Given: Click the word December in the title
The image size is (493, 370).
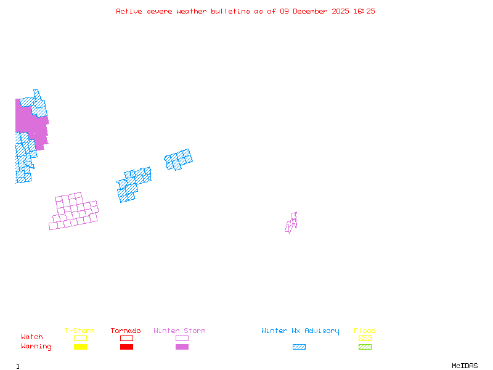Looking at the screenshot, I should (x=312, y=11).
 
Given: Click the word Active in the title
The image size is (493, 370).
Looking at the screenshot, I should (x=129, y=11).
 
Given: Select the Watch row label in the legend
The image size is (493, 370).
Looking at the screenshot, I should (x=32, y=337).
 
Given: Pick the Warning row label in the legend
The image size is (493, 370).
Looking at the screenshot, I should (x=36, y=347).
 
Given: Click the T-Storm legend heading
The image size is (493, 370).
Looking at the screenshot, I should (x=79, y=331).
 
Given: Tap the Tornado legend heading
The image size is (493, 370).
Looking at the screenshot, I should (x=126, y=331).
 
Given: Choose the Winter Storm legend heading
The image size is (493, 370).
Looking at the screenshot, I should (x=179, y=331).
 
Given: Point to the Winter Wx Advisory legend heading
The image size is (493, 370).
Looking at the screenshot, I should (x=300, y=331).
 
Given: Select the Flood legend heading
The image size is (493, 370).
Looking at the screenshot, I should (x=365, y=331).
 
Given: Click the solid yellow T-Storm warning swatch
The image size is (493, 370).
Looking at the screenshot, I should (x=80, y=347).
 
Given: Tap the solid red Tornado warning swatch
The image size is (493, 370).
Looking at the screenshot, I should (x=126, y=347).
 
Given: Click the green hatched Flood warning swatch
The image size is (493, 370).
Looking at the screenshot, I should (x=365, y=347).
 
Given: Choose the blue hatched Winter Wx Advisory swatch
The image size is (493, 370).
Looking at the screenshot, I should (x=299, y=347).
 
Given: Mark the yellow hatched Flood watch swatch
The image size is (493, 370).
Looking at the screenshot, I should (x=365, y=338).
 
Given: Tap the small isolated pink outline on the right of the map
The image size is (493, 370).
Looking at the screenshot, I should (x=291, y=223).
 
